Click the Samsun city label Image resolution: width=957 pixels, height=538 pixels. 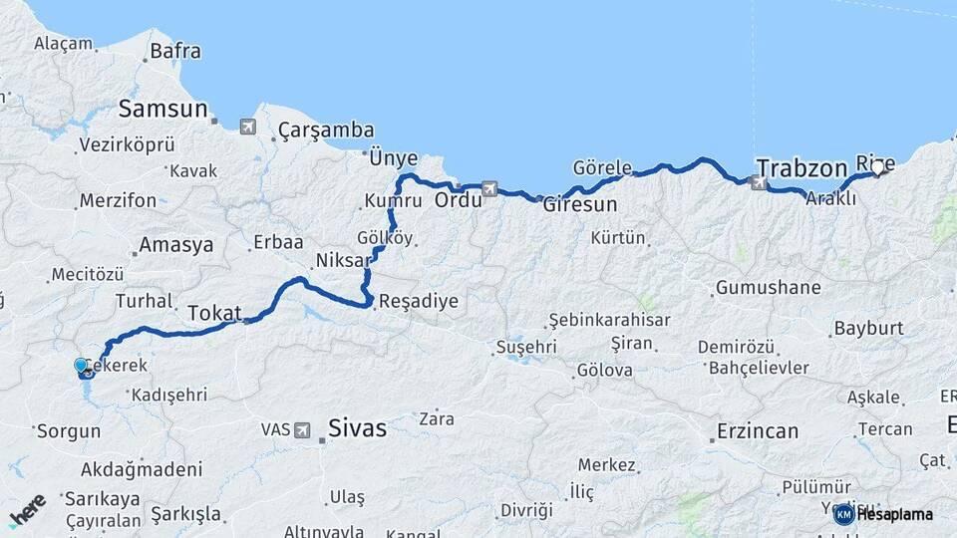tap(163, 109)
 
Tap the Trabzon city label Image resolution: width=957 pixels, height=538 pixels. tap(801, 167)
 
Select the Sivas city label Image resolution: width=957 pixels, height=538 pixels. tap(357, 429)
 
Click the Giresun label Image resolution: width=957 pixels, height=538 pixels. tap(580, 204)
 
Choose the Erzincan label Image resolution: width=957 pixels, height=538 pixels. tap(758, 431)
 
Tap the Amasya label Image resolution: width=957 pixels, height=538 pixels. tap(176, 244)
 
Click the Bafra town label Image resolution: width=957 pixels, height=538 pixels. tap(175, 51)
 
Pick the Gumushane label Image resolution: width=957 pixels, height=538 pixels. tap(768, 288)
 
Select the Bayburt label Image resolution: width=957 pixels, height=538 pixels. tap(868, 328)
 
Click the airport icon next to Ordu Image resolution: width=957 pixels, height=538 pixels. tap(489, 187)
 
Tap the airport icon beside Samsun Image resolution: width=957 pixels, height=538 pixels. tap(247, 127)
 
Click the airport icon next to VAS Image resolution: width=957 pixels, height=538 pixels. tap(302, 430)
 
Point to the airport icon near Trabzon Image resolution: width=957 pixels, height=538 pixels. tap(760, 182)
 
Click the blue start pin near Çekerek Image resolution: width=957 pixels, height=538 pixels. tap(82, 366)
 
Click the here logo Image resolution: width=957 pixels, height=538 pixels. tap(27, 510)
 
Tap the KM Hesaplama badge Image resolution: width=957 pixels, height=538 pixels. tap(883, 514)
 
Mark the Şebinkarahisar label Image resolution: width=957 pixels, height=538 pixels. tap(610, 320)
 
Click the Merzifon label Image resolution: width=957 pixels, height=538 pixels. tap(118, 200)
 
